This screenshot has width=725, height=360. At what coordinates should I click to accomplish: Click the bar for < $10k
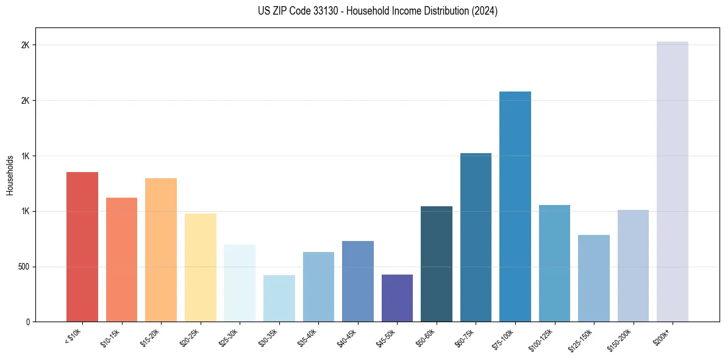pyautogui.click(x=82, y=247)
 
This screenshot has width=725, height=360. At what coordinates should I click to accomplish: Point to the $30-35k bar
pyautogui.click(x=279, y=298)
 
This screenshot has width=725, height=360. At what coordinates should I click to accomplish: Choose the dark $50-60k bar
pyautogui.click(x=437, y=264)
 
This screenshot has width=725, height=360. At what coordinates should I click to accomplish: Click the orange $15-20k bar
pyautogui.click(x=161, y=250)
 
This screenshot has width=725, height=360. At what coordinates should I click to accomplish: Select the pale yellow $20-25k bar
pyautogui.click(x=201, y=267)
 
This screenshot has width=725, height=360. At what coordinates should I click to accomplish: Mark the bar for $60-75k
pyautogui.click(x=476, y=237)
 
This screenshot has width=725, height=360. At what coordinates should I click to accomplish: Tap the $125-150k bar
pyautogui.click(x=594, y=278)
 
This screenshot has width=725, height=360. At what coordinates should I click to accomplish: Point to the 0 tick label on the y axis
pyautogui.click(x=27, y=322)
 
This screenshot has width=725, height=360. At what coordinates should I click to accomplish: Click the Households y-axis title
pyautogui.click(x=10, y=175)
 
